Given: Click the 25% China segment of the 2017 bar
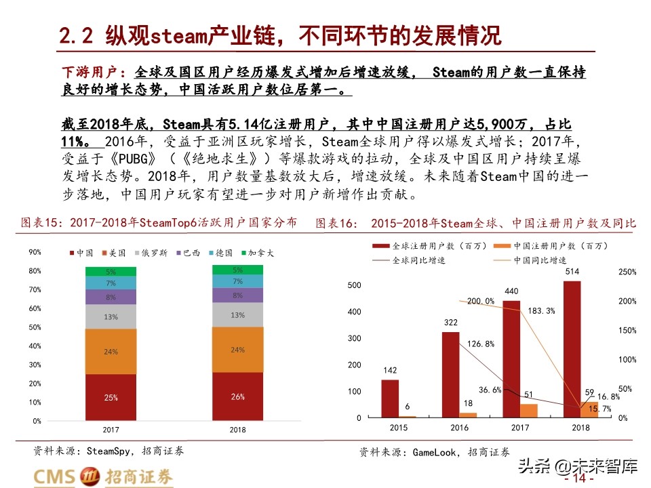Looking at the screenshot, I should [111, 397].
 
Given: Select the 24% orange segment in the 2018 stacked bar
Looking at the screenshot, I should [237, 350].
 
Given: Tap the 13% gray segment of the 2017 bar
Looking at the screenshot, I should [111, 317].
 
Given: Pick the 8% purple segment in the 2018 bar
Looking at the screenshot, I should [237, 296].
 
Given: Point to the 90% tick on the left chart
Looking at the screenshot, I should [35, 252].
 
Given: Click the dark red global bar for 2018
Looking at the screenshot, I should [572, 349].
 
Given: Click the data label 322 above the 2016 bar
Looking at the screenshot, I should [451, 323].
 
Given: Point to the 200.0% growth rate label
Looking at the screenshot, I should [481, 301].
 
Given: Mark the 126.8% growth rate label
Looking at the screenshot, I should [480, 344].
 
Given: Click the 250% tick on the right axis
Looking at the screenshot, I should [627, 272].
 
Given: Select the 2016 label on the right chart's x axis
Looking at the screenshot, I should [459, 428].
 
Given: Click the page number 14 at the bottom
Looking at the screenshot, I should [578, 478].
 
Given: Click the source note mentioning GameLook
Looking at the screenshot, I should [434, 451].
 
